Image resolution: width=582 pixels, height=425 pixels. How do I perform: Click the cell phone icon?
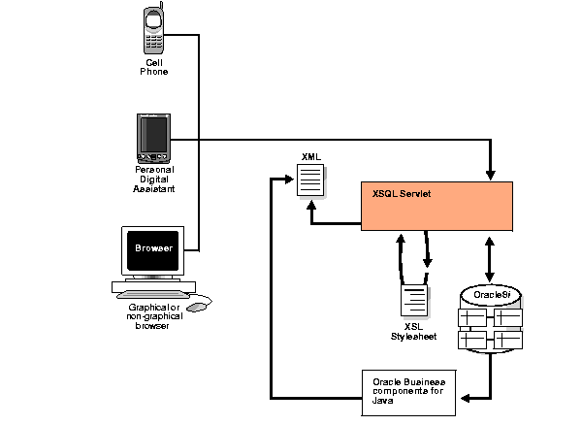coord(152,30)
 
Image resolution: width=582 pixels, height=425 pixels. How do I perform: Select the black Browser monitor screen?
coord(153,248)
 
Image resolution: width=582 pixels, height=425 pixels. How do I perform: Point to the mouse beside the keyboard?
coord(197,307)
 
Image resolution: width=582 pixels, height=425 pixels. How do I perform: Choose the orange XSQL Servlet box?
coord(436,205)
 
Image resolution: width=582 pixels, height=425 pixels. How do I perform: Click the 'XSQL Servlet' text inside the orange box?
coord(402,194)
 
